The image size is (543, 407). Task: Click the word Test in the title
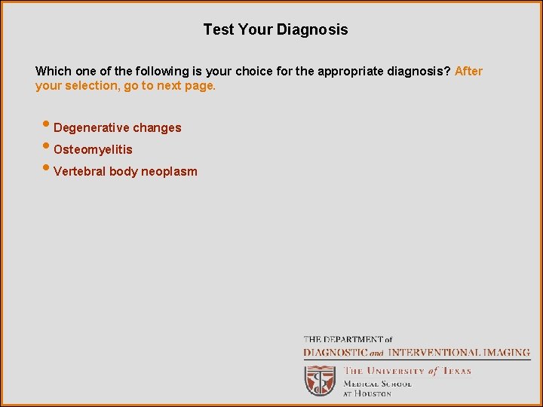[x=217, y=30]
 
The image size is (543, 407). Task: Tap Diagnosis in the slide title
[x=312, y=30]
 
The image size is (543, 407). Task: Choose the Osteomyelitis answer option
[x=93, y=150]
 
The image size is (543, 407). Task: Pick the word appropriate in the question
[x=348, y=72]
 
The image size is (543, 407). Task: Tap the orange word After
[x=468, y=72]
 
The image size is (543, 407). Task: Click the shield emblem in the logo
[x=320, y=381]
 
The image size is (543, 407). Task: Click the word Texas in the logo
[x=456, y=371]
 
